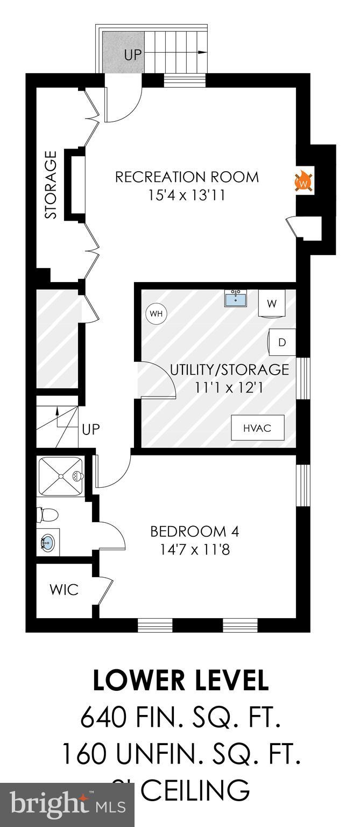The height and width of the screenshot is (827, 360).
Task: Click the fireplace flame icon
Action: coord(304,181)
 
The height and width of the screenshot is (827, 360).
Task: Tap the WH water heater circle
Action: coord(156,313)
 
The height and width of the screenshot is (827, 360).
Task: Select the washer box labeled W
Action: coord(272,304)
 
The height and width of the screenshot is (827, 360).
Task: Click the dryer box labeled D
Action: coord(282,342)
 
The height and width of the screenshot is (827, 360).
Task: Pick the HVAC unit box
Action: coord(257,428)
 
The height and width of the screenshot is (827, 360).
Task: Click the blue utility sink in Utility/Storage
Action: coord(236,298)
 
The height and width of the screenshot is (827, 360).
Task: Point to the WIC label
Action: coord(63,589)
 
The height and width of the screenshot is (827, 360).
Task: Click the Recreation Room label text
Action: coord(187,177)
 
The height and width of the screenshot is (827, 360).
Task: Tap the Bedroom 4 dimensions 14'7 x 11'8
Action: coord(194,550)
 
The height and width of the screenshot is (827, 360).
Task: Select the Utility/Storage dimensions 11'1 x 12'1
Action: coord(229,387)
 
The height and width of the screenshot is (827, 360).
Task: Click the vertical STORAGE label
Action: coord(51,185)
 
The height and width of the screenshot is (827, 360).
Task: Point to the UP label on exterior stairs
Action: coord(133,55)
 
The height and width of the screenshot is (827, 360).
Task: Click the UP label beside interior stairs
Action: coord(91,430)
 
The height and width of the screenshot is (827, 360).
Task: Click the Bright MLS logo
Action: coord(67,805)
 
